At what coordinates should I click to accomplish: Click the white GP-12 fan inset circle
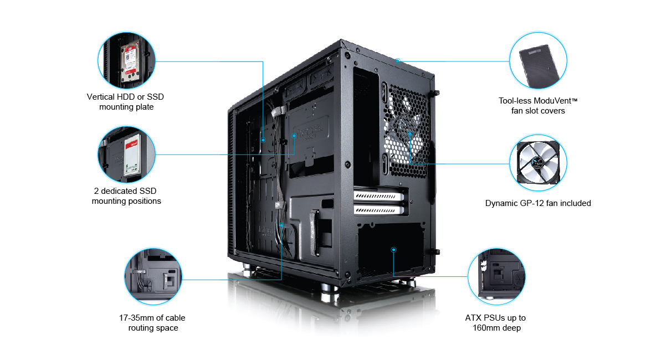[538, 163]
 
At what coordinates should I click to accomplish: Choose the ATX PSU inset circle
[497, 275]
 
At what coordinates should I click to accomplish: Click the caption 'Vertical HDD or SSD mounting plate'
[126, 102]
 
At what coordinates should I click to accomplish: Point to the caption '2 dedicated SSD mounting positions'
[126, 196]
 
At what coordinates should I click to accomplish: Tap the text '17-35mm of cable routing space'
[153, 323]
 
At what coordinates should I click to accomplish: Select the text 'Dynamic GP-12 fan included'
[538, 203]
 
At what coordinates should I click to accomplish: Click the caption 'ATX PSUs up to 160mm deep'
[495, 323]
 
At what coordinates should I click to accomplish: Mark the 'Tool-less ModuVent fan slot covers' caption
[538, 106]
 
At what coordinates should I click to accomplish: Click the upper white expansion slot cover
[379, 195]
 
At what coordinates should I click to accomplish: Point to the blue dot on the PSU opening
[393, 250]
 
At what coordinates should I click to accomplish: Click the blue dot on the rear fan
[409, 133]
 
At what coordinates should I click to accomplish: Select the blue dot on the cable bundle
[281, 225]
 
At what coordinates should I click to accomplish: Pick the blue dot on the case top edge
[398, 60]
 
